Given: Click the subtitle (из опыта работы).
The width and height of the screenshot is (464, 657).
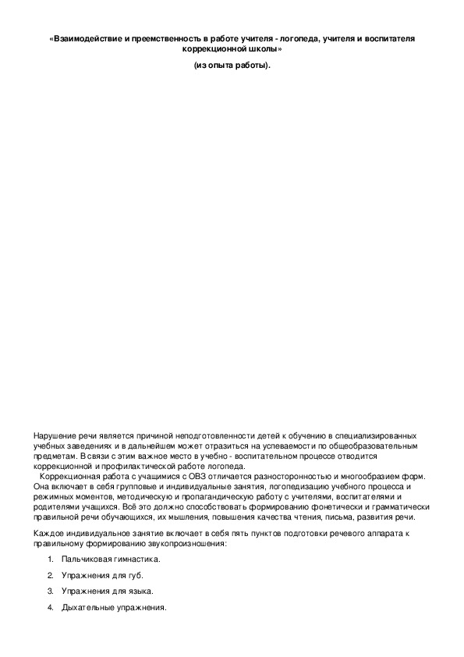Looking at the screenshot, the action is (232, 65).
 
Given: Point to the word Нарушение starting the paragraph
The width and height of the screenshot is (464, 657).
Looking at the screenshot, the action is (53, 435).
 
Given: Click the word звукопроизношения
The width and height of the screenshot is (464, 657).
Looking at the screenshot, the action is (187, 543).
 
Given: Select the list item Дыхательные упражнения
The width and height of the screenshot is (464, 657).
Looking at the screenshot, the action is (113, 607).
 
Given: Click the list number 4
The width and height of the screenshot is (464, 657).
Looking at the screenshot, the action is (51, 607).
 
